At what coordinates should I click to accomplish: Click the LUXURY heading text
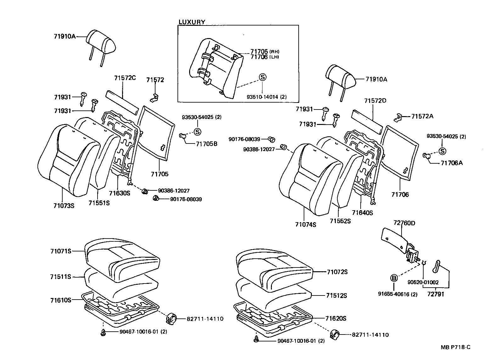192,22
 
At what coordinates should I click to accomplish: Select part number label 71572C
125,78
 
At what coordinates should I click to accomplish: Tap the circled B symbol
394,278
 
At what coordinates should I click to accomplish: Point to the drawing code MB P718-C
455,347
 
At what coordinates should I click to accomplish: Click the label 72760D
404,223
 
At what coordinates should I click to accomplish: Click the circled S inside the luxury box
262,77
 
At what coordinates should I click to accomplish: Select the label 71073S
64,206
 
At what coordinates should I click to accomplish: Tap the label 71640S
362,213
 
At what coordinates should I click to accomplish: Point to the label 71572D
375,101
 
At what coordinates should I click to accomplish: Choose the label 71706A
452,163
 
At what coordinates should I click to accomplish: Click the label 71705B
206,144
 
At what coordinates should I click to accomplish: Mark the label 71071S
60,251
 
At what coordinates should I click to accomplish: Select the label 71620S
336,318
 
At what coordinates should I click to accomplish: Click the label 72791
436,295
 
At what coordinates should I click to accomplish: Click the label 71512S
336,295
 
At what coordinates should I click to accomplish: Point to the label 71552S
340,221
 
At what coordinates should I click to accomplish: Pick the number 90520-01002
423,283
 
